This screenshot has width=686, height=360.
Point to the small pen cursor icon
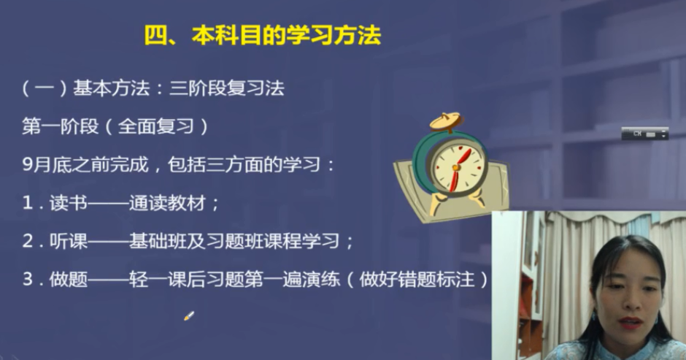[188, 316]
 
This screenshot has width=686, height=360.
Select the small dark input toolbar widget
[644, 134]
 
